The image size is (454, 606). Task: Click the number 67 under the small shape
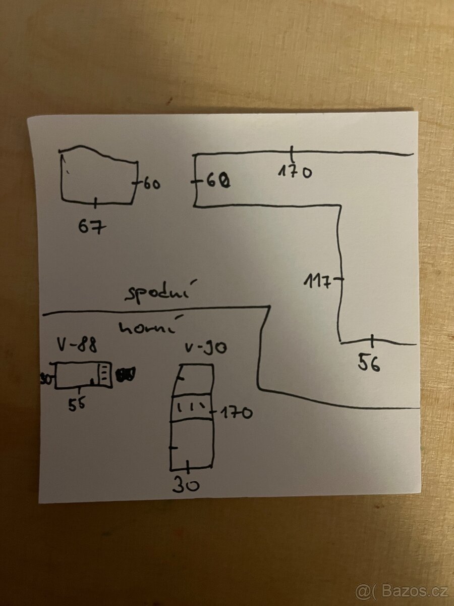[x=93, y=227]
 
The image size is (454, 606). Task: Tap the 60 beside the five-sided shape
[x=151, y=184]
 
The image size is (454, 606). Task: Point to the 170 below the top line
[x=295, y=172]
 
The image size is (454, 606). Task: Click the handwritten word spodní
[x=157, y=294]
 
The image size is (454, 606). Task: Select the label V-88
[x=77, y=346]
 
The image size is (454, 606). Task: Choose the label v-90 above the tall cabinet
[x=205, y=348]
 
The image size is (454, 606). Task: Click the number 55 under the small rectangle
[x=77, y=404]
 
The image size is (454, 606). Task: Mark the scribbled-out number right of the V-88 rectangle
[x=126, y=374]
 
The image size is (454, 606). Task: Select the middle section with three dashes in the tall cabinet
[x=192, y=407]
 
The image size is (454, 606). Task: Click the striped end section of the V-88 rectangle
[x=104, y=375]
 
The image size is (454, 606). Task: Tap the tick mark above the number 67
[x=96, y=203]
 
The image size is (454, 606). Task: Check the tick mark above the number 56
[x=372, y=342]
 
